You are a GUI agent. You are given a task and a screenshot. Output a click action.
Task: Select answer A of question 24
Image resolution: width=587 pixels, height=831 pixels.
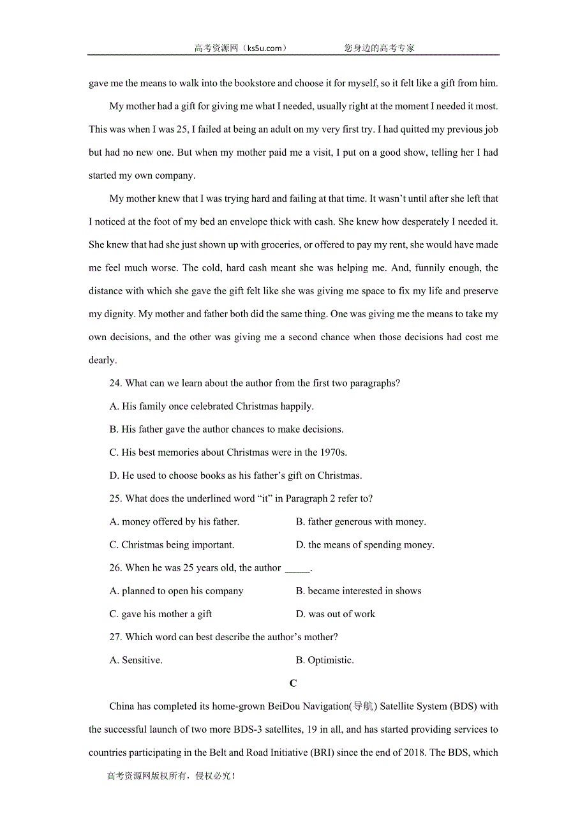click(x=211, y=406)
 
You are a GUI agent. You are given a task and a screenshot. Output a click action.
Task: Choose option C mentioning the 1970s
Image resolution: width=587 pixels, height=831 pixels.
click(x=228, y=453)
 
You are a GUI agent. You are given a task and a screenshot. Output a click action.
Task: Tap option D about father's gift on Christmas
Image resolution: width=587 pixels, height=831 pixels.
click(x=235, y=475)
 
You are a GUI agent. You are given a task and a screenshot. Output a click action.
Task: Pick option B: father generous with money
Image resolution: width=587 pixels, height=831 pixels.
click(x=360, y=521)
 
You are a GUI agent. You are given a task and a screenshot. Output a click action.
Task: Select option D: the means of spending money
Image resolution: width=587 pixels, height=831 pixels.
click(x=364, y=544)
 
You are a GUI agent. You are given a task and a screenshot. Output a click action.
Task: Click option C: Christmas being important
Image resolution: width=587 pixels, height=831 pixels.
click(x=172, y=544)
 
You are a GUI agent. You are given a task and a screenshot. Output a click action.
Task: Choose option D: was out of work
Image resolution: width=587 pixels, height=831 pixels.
click(x=335, y=614)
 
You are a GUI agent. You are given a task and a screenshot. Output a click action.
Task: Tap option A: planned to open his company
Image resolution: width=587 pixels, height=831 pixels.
click(x=176, y=591)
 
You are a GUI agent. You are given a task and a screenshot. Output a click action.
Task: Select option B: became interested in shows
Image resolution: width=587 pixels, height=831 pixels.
click(x=358, y=591)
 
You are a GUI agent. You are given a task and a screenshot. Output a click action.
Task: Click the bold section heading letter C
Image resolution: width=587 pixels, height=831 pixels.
click(x=293, y=683)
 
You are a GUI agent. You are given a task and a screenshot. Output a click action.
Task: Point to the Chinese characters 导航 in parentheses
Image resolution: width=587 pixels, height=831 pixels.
click(x=362, y=706)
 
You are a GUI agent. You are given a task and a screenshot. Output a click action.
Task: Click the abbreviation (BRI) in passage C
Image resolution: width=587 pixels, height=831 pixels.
click(x=322, y=752)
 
